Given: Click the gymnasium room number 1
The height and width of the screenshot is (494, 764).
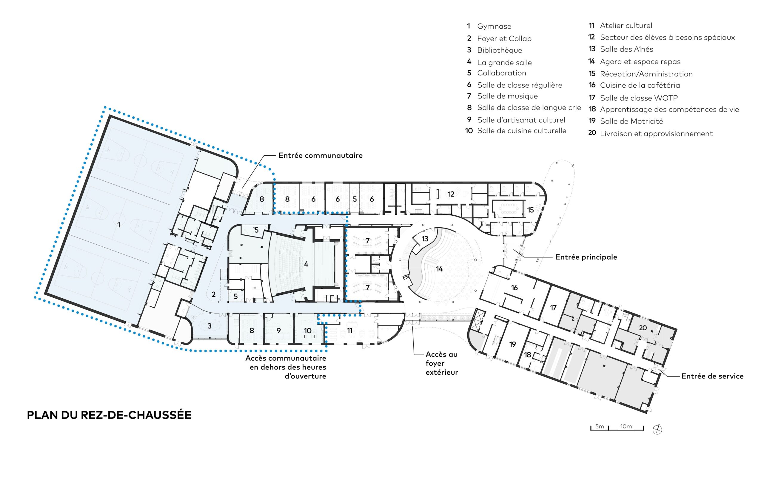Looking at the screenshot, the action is pyautogui.click(x=119, y=225).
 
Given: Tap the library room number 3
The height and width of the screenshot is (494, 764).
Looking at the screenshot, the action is pyautogui.click(x=210, y=326).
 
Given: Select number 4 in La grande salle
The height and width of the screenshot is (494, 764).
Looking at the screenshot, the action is pyautogui.click(x=306, y=264).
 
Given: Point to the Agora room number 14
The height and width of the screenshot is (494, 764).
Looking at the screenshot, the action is pyautogui.click(x=439, y=269).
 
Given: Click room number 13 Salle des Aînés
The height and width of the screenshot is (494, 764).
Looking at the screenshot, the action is pyautogui.click(x=425, y=239).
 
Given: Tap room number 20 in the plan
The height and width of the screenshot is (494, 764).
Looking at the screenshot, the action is pyautogui.click(x=643, y=328).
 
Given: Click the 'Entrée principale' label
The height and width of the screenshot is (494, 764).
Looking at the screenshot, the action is pyautogui.click(x=586, y=257).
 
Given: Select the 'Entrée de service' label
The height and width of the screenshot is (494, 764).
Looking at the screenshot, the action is pyautogui.click(x=712, y=376).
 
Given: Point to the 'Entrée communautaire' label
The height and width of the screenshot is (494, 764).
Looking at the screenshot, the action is pyautogui.click(x=321, y=155).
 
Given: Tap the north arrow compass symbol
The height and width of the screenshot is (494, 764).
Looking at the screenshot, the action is pyautogui.click(x=657, y=429).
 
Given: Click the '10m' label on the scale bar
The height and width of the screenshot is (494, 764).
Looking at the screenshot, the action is pyautogui.click(x=626, y=426).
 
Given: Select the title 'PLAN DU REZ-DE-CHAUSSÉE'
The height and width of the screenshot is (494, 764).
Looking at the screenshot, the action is pyautogui.click(x=109, y=415).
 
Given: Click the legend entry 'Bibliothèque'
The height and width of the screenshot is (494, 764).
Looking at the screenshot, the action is pyautogui.click(x=500, y=50).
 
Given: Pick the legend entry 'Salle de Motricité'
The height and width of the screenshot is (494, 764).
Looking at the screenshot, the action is pyautogui.click(x=631, y=121).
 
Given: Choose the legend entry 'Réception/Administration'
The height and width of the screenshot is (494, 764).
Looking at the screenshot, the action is pyautogui.click(x=646, y=74).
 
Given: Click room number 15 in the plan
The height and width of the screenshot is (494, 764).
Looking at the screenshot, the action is pyautogui.click(x=530, y=210).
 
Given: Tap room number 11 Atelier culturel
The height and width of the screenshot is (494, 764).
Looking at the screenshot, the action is pyautogui.click(x=349, y=331).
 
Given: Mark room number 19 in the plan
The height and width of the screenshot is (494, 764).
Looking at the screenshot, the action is pyautogui.click(x=512, y=344).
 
